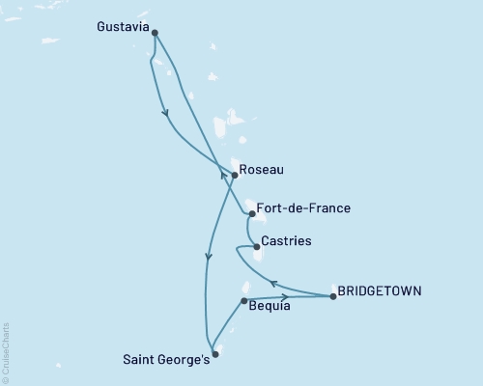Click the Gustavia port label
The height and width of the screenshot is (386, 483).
coord(124,28)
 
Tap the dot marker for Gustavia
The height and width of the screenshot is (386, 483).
coord(155,33)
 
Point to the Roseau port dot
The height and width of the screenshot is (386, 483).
coord(235,176)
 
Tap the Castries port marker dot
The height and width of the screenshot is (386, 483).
coord(256,247)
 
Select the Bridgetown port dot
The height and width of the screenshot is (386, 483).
coord(333,296)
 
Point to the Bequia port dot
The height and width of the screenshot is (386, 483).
coord(243,300)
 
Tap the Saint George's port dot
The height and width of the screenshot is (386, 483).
coord(214,354)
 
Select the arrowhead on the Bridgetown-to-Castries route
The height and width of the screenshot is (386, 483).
coord(273,283)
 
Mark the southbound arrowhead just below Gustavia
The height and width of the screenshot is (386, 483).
coord(166,113)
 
